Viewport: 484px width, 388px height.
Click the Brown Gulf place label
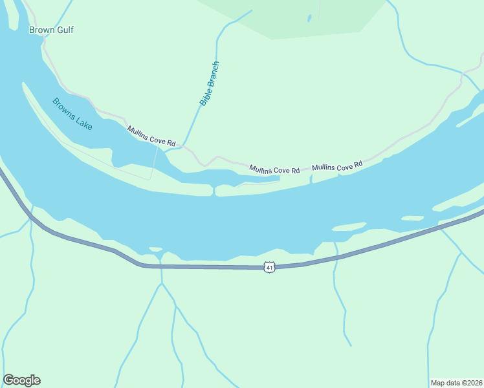[51, 30]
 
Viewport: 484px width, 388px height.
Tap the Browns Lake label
[72, 114]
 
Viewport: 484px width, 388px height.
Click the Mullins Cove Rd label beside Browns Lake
[151, 136]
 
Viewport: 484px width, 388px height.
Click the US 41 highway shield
[270, 267]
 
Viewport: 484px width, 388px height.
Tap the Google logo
[21, 380]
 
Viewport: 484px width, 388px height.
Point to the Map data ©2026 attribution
[456, 382]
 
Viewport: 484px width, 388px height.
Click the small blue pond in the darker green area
[310, 18]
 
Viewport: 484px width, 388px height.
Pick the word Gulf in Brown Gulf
[63, 30]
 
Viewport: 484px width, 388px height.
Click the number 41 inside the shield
[270, 267]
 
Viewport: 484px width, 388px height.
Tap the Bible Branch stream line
[194, 116]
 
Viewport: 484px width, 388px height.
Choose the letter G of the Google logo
[8, 380]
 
